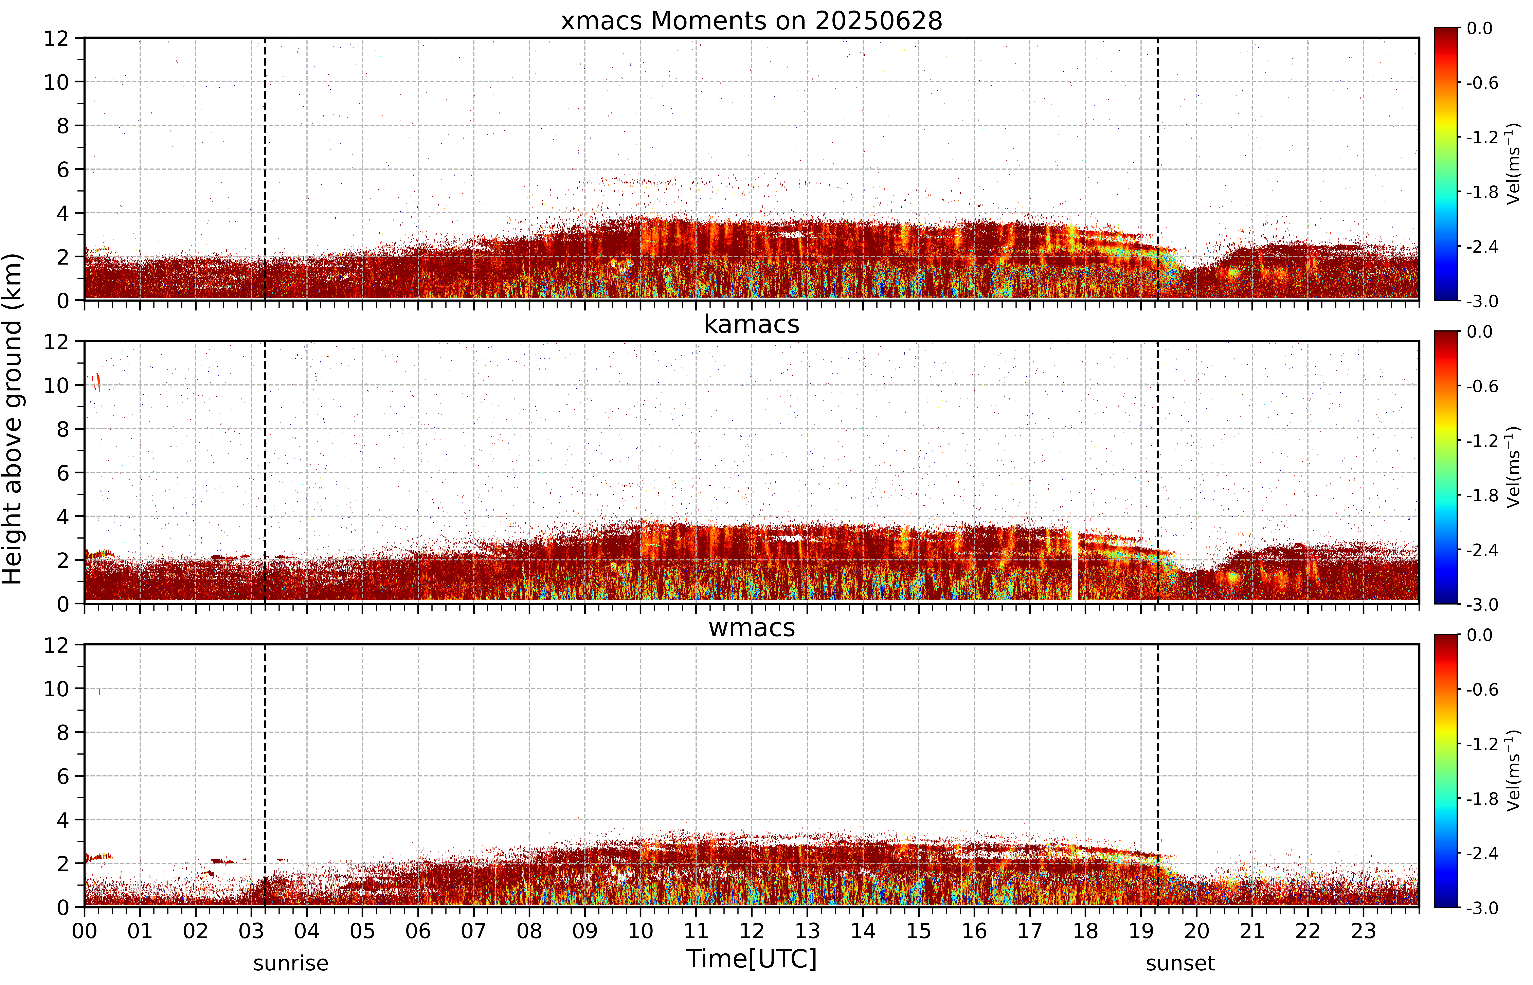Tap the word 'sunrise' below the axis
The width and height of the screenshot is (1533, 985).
(291, 963)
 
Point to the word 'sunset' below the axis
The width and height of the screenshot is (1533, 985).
(1180, 963)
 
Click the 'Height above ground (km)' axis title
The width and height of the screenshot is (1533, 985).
(13, 419)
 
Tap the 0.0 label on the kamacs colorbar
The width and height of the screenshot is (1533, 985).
(1479, 331)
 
